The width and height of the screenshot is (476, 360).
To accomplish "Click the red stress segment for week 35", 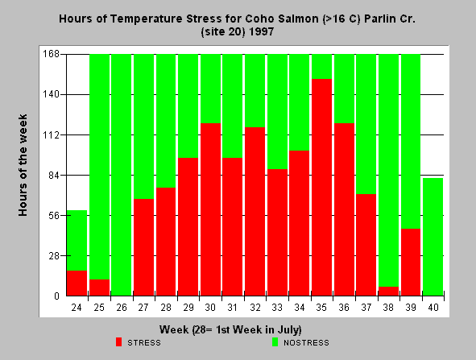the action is [x=321, y=188].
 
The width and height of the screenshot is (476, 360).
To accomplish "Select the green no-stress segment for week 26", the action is [x=121, y=175].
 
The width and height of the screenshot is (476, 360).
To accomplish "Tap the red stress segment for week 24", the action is [x=77, y=283].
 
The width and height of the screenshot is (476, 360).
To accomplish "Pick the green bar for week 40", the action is [x=433, y=237].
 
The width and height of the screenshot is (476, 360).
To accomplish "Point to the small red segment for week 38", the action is [x=388, y=291].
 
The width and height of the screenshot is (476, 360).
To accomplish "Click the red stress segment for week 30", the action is [x=210, y=209].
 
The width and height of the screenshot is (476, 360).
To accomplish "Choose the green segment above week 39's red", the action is [x=411, y=142].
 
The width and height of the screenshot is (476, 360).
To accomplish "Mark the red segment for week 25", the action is [x=99, y=288].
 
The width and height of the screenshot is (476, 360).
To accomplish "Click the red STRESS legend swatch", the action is [x=118, y=342].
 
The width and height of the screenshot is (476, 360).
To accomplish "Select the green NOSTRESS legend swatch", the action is [x=275, y=342].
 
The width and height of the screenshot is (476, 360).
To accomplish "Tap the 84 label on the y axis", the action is [x=53, y=175].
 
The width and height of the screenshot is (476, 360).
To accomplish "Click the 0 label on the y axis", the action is [x=56, y=296].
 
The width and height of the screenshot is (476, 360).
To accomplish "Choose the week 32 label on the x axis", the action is [x=255, y=308].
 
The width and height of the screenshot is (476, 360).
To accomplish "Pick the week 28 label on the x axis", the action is [x=166, y=308].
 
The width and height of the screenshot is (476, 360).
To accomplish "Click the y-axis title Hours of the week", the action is [x=23, y=165].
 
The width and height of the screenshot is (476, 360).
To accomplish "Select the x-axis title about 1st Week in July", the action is [x=230, y=329].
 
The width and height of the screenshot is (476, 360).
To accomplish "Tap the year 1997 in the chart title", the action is [x=261, y=31].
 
